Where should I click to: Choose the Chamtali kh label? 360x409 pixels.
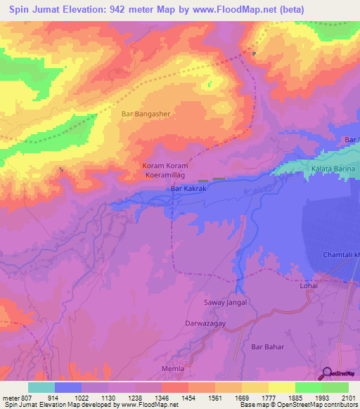coord(340,254)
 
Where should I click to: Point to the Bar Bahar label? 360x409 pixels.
coord(266,347)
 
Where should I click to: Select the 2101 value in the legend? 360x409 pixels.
coord(349,397)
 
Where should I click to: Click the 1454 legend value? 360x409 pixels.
coord(188,397)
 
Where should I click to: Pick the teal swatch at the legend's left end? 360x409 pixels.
coord(41,387)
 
